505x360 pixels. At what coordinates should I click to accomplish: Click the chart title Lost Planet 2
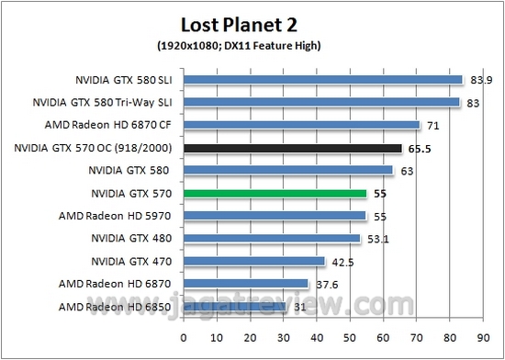pos(251,22)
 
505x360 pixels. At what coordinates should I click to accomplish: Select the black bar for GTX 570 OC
pos(293,147)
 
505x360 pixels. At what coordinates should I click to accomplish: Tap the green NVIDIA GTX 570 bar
pos(275,193)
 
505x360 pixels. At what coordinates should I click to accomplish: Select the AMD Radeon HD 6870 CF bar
pos(302,125)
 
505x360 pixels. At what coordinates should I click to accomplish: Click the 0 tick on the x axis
pos(184,337)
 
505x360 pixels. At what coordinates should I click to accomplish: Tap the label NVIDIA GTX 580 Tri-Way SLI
pos(103,102)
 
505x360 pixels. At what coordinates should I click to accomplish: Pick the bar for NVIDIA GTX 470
pos(254,261)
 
